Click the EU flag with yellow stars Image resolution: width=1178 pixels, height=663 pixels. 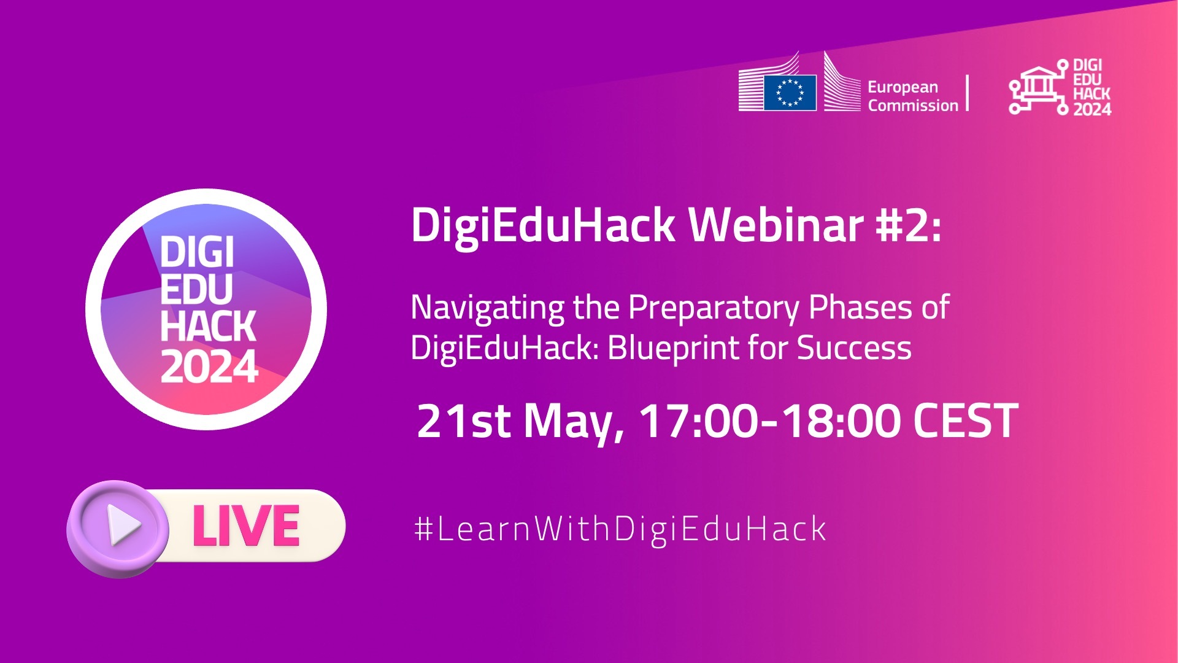[x=790, y=93]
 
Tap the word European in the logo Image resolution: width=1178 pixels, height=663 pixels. [x=903, y=88]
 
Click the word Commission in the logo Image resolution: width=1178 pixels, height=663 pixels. [x=913, y=106]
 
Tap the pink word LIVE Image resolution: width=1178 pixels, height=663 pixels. [x=245, y=526]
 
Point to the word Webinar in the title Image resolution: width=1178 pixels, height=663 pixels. [x=776, y=225]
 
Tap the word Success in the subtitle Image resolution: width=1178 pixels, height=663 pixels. [x=854, y=348]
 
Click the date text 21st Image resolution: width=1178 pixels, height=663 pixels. [x=463, y=421]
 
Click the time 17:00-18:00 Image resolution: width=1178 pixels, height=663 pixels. [x=769, y=421]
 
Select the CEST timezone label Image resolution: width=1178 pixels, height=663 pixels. [x=966, y=421]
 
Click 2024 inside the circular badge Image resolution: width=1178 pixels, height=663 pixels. [x=209, y=367]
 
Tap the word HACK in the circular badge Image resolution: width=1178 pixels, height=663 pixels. [x=208, y=325]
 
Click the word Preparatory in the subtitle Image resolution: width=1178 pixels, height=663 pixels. [x=714, y=309]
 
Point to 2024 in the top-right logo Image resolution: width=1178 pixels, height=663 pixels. [x=1092, y=109]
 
